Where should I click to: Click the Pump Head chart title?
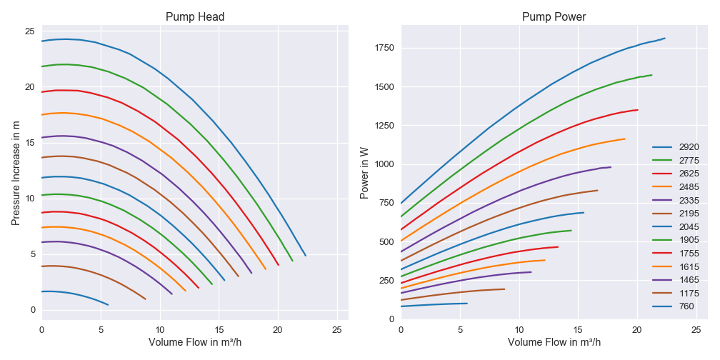tap(195, 16)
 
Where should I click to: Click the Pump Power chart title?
tap(554, 16)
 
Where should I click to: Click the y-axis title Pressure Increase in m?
tap(16, 172)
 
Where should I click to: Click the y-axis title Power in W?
tap(365, 172)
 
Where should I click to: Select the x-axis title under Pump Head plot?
tap(195, 342)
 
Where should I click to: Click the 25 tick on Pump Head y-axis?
tap(30, 31)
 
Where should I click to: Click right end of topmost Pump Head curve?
tap(306, 256)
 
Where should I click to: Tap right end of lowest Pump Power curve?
tap(467, 304)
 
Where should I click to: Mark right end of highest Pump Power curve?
tap(665, 39)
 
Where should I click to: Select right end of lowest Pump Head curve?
tap(108, 305)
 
